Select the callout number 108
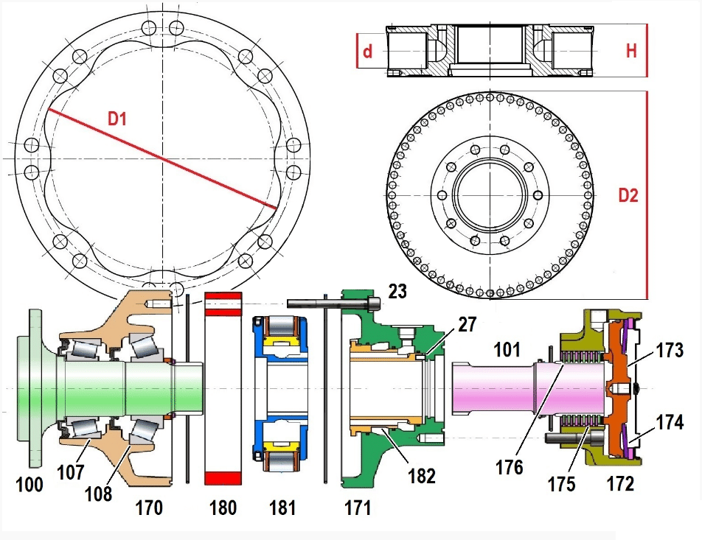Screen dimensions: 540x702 pos(98,493)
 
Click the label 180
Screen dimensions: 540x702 pos(223,508)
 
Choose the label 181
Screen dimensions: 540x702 pos(282,508)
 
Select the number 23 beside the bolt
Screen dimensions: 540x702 pos(398,292)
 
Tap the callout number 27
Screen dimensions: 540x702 pos(466,323)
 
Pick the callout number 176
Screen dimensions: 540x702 pos(508,467)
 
